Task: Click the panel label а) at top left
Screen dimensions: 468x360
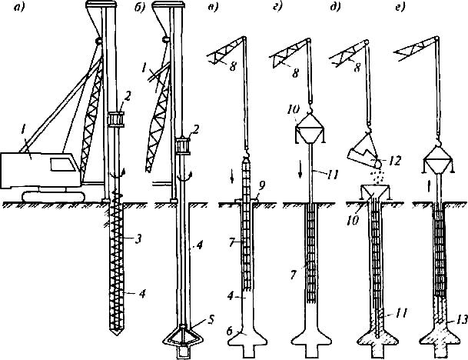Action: coord(19,7)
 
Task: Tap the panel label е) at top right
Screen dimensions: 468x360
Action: coord(400,7)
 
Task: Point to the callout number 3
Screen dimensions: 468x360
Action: coord(138,239)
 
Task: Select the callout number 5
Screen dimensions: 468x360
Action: coord(211,320)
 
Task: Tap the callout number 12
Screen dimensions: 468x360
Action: coord(395,161)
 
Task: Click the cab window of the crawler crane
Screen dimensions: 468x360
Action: coord(62,164)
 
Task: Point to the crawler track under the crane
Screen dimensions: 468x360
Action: coord(54,197)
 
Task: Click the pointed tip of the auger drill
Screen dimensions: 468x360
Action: coord(116,335)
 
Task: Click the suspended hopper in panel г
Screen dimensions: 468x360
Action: coord(310,128)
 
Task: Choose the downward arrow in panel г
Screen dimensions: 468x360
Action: coord(300,172)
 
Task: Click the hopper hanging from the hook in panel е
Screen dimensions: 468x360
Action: coord(438,162)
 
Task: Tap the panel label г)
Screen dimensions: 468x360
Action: coord(277,7)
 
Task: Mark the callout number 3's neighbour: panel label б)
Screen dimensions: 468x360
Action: coord(139,7)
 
